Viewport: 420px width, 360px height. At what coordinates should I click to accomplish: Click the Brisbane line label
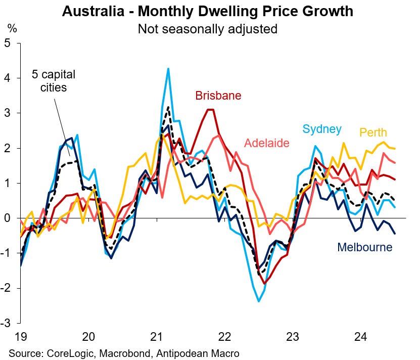[218, 95]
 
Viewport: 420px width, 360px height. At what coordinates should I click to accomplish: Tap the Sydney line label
[322, 129]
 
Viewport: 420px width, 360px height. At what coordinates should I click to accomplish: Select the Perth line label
[373, 132]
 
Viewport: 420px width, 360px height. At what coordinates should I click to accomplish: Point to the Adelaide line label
[267, 143]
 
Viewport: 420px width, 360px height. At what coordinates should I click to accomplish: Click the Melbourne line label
[364, 247]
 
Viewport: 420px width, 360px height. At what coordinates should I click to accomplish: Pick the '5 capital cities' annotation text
[54, 81]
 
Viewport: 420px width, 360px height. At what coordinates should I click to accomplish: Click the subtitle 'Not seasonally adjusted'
[208, 29]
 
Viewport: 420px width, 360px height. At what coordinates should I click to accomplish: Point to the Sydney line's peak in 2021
[168, 69]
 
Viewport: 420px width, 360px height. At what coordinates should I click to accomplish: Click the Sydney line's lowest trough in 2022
[259, 301]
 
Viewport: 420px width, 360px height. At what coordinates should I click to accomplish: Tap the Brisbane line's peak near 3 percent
[211, 110]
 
